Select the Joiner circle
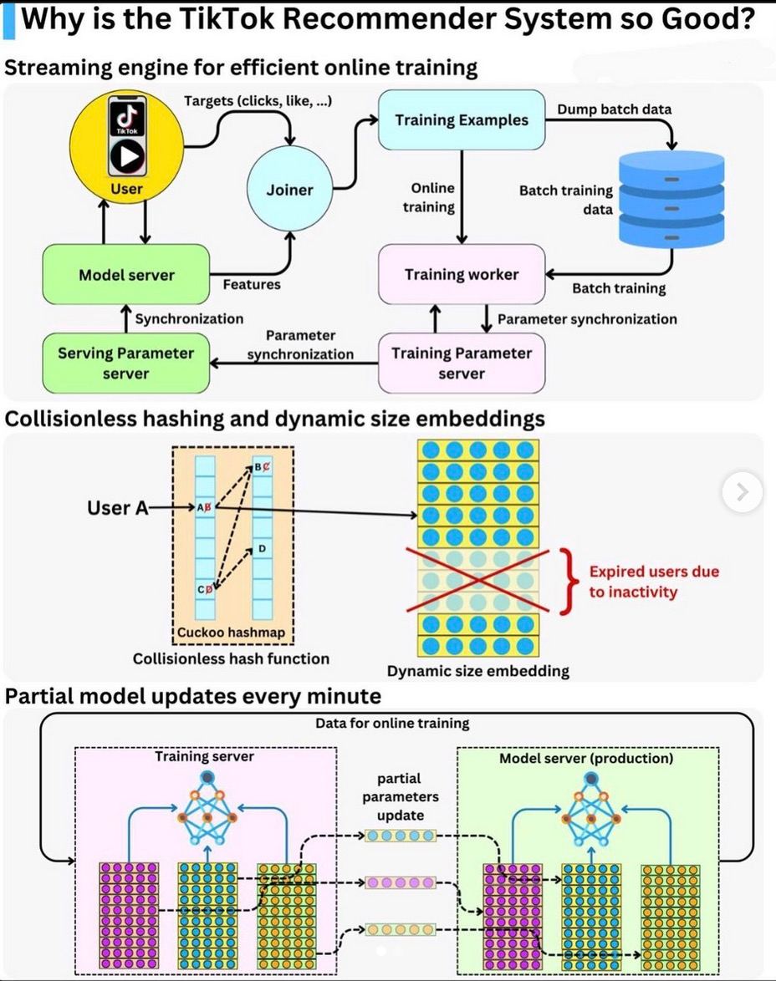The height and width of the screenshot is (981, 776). coord(289,190)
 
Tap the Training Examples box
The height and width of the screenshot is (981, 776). coord(462,120)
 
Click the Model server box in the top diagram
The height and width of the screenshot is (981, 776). coord(126,274)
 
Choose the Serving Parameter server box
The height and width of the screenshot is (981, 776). coord(125,363)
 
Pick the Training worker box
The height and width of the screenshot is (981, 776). coord(462,274)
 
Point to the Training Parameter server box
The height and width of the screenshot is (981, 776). coord(462,363)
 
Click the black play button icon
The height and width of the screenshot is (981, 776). coord(126,155)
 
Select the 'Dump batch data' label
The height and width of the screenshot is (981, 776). coord(614,109)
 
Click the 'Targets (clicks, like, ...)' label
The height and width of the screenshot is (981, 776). coord(258,101)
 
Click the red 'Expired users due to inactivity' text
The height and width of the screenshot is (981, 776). coord(654,582)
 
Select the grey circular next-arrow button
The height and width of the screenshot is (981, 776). coord(742,492)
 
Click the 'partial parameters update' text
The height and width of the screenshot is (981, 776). coord(400,796)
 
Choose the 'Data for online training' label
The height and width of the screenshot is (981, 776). coord(391,723)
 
